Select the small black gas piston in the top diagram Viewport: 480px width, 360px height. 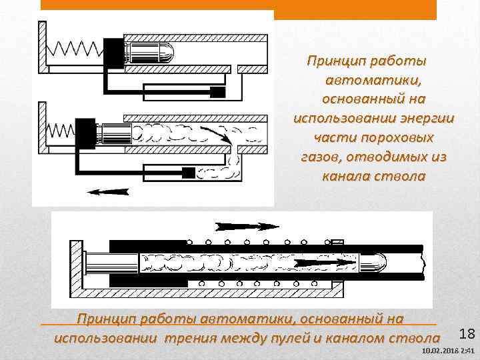218,91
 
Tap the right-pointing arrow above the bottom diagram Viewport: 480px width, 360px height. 247,225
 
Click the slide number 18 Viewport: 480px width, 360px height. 466,333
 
